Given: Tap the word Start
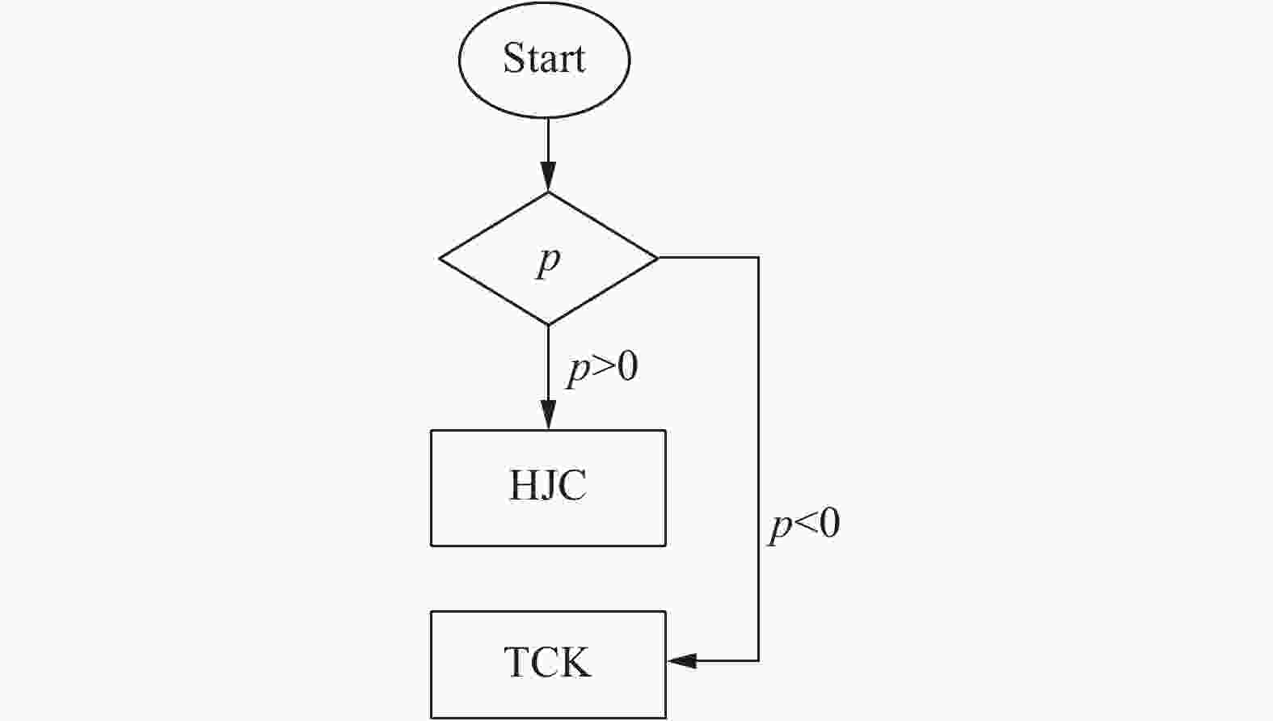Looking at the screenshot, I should (544, 58).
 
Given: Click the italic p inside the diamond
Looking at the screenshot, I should (548, 261).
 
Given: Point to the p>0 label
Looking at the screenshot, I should (602, 369).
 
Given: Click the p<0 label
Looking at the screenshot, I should (804, 525).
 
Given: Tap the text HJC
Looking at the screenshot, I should (548, 486).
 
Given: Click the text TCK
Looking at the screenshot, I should (548, 662).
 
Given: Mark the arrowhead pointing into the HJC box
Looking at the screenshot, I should (548, 415).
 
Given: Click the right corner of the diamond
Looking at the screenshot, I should (657, 258).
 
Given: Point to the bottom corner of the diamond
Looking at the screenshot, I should (548, 324).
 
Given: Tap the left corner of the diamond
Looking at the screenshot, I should (440, 259).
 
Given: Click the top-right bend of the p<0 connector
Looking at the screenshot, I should (758, 258).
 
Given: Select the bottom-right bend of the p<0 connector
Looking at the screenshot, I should (758, 661).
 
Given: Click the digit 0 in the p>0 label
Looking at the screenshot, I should (626, 368).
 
